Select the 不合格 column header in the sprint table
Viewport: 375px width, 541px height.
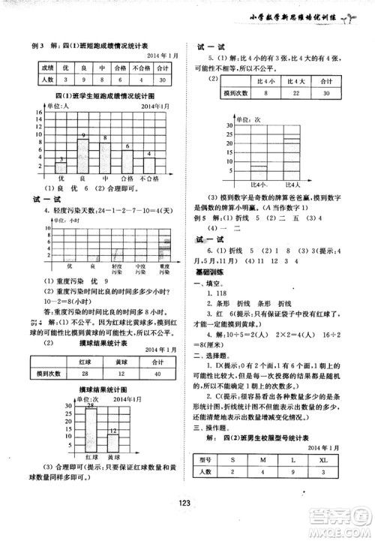[x=136, y=67]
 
